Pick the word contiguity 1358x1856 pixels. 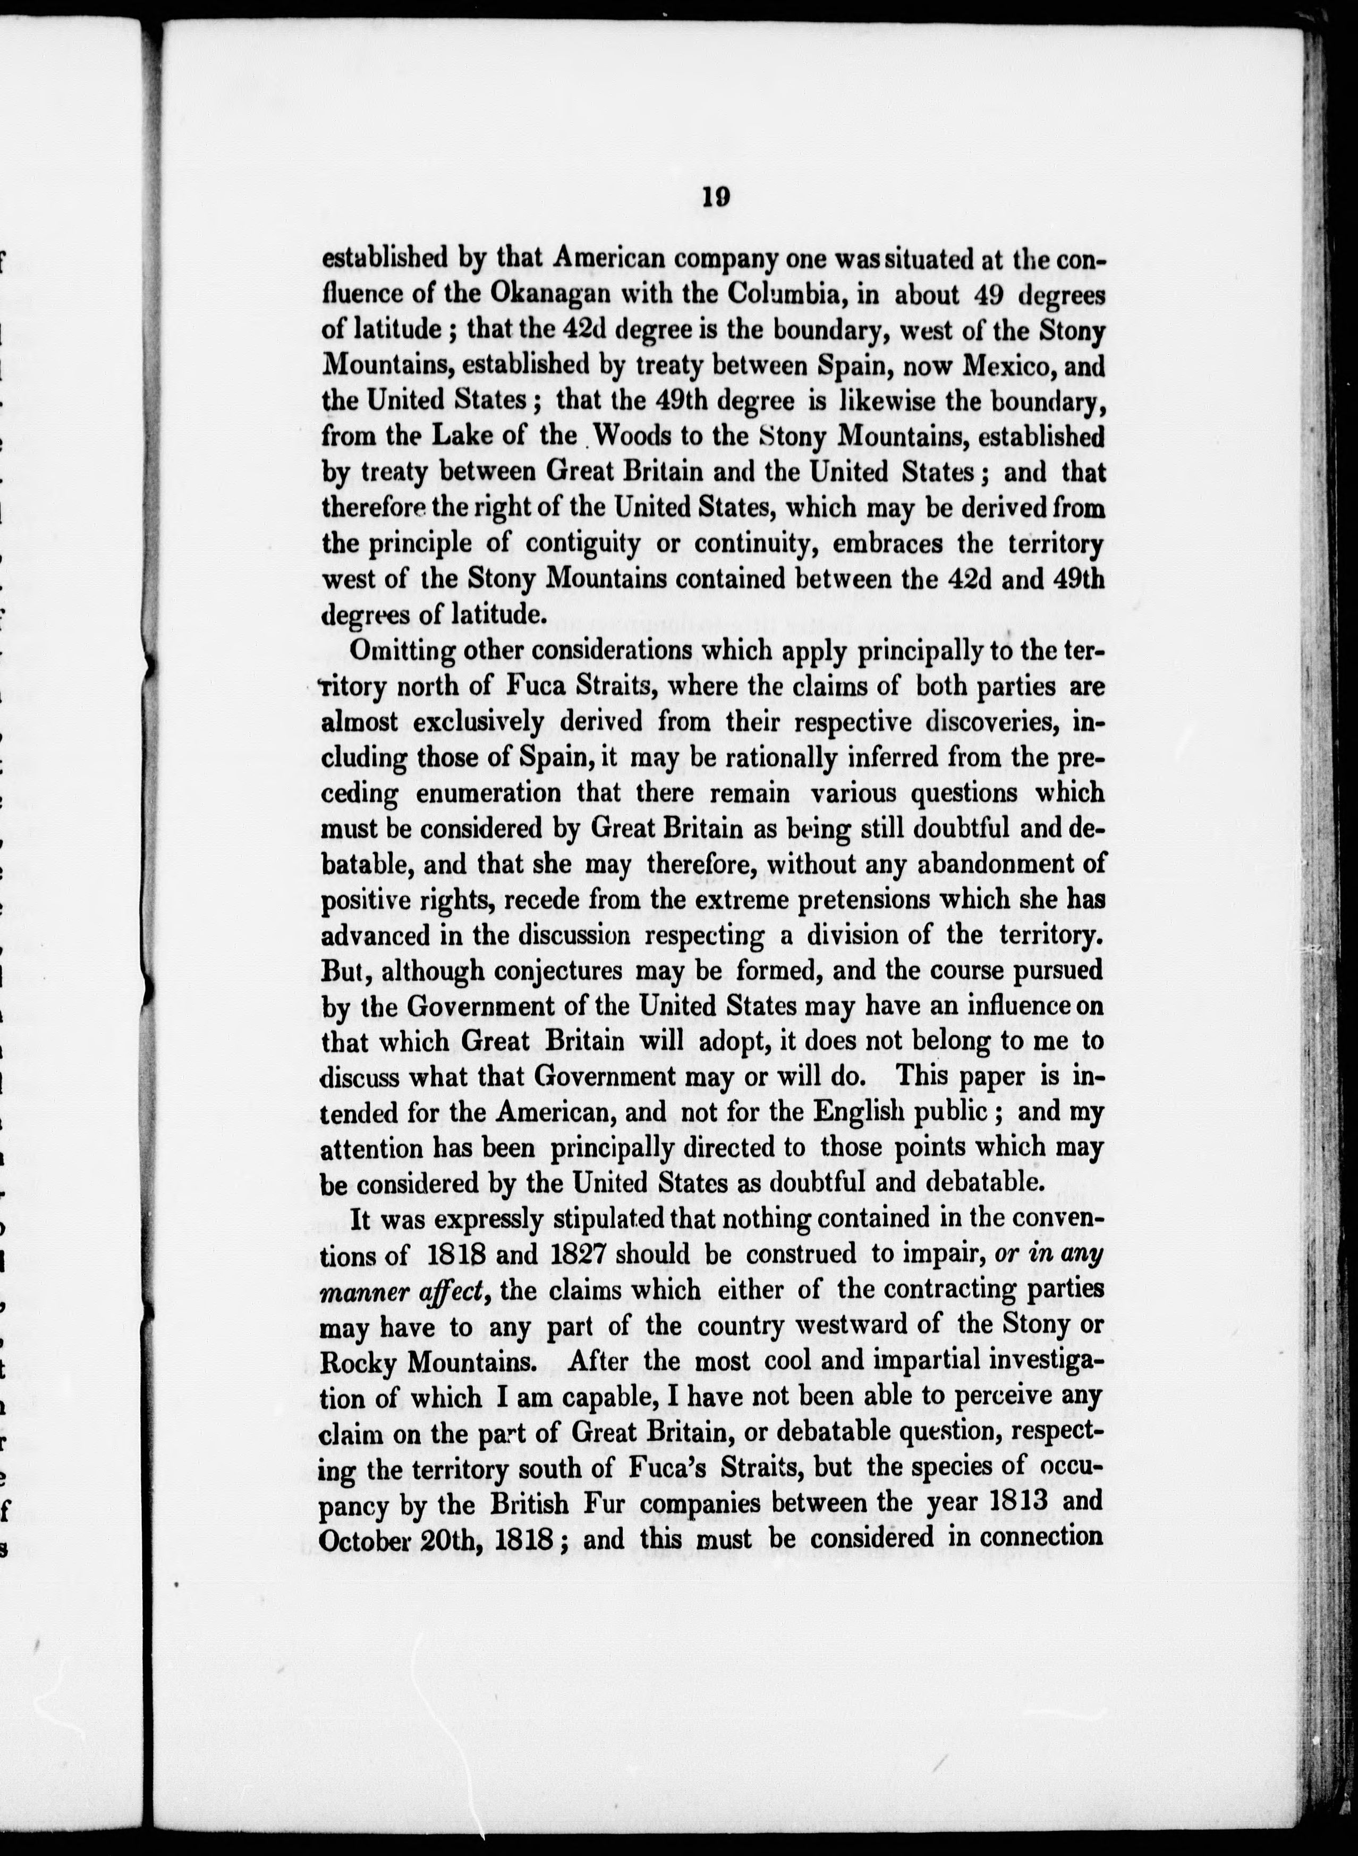pyautogui.click(x=582, y=544)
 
